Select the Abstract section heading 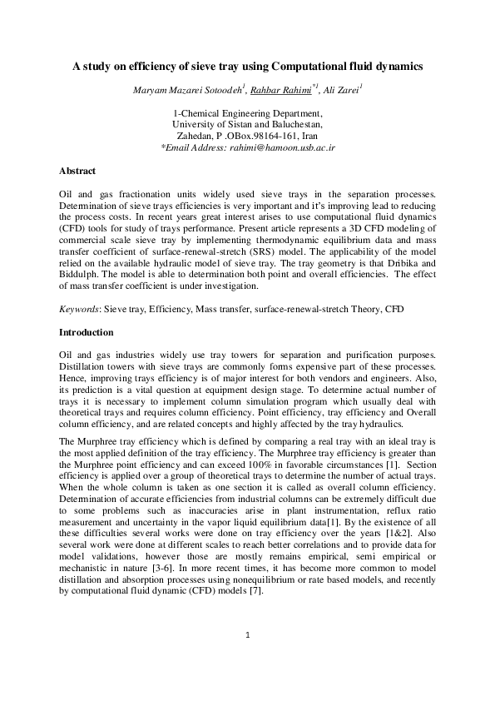tap(77, 172)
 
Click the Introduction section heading tap(86, 332)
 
